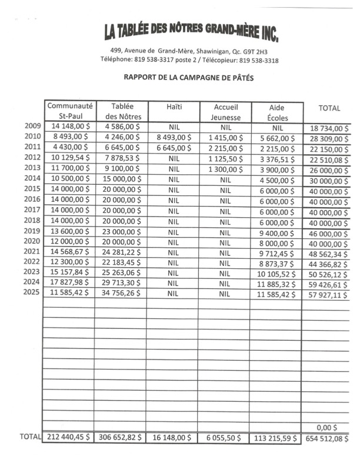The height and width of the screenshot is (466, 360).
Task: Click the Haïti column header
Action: coord(174,106)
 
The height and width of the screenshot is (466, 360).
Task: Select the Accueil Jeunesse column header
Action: coord(224,112)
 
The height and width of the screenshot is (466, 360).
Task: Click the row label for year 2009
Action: coord(32,126)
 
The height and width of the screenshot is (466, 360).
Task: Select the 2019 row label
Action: coord(32,231)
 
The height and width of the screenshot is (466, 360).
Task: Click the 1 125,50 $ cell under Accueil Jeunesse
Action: coord(225,158)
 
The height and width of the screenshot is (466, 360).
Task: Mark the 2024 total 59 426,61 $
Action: coord(327,283)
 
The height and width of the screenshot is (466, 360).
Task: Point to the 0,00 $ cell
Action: coord(327,427)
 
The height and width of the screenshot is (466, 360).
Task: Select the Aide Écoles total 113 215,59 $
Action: coord(276,438)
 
